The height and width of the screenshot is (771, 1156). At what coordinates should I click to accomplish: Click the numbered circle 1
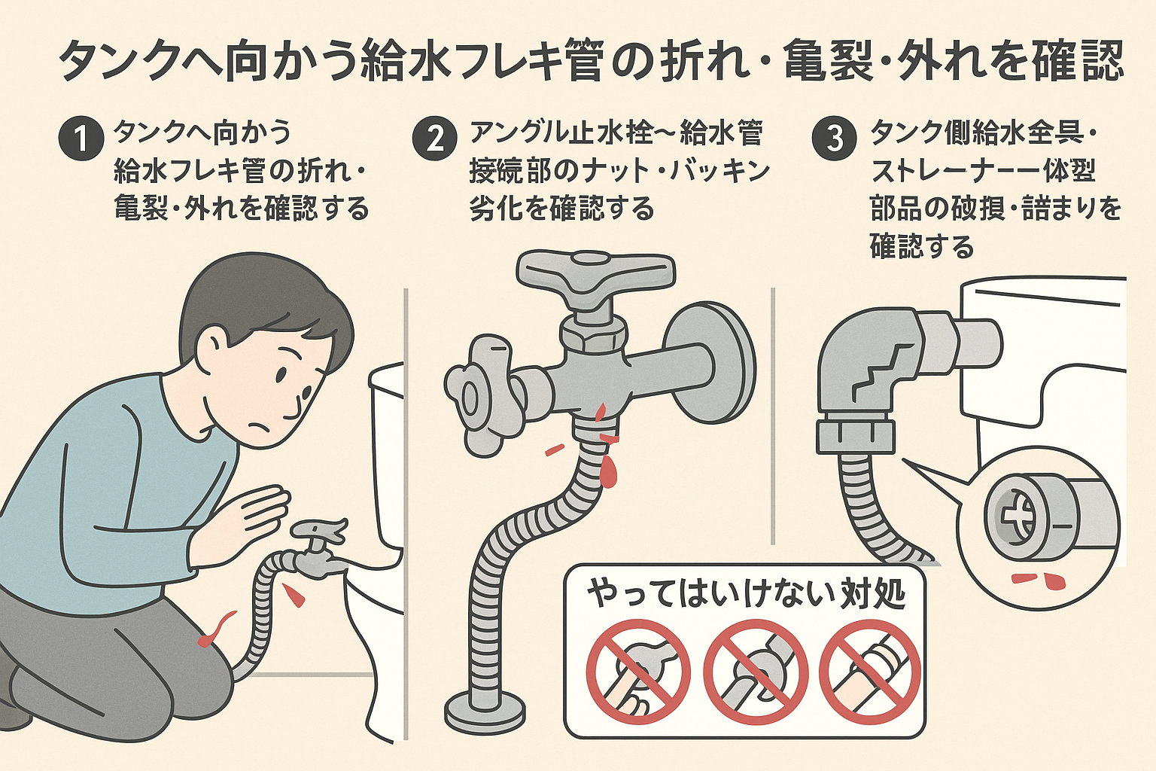[x=80, y=139]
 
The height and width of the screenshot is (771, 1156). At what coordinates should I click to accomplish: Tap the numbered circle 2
[x=435, y=139]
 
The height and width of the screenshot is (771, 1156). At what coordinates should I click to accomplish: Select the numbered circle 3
[x=835, y=139]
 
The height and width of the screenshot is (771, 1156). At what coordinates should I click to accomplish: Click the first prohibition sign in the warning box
[x=638, y=672]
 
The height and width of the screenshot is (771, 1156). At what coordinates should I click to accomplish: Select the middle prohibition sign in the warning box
[x=755, y=672]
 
